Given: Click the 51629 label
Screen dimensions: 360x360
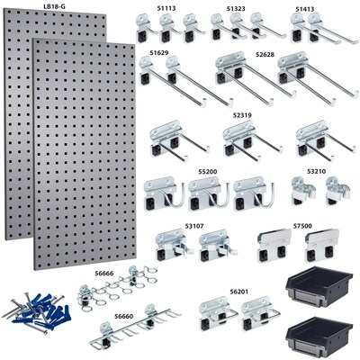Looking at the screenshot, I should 159,53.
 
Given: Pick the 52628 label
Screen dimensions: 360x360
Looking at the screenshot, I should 265,54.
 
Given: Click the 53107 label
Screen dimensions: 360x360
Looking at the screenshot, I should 195,226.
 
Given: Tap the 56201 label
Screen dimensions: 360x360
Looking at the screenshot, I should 239,292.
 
